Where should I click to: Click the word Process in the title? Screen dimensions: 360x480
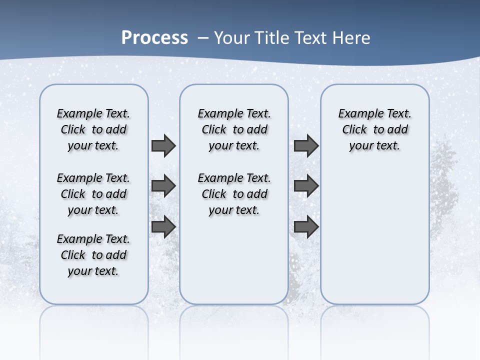click(x=154, y=38)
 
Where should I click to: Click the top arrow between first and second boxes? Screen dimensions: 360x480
click(x=163, y=145)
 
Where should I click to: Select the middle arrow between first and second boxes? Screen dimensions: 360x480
click(x=163, y=186)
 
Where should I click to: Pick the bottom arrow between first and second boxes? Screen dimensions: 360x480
click(x=163, y=227)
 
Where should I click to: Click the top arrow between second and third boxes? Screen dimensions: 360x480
click(x=306, y=145)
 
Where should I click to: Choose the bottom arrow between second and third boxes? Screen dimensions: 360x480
click(x=306, y=227)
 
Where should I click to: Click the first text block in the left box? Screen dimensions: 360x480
click(x=93, y=129)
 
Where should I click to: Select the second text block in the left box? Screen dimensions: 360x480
click(x=93, y=194)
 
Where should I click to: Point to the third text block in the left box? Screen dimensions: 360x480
click(x=93, y=255)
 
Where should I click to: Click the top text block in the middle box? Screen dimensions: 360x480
click(x=234, y=129)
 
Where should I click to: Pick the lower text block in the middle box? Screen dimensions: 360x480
click(x=234, y=194)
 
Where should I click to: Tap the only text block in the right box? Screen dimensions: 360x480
click(x=374, y=129)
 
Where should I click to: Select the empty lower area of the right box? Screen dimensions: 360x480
click(x=374, y=235)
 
